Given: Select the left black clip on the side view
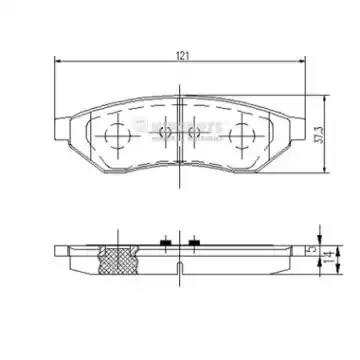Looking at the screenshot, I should click(x=162, y=242).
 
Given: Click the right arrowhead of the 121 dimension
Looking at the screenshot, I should click(x=302, y=65).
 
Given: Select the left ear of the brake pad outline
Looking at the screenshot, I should click(x=63, y=130).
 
